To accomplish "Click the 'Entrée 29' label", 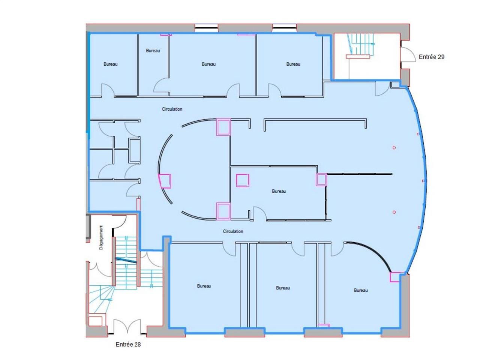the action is tap(431, 57).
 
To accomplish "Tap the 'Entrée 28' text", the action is tap(128, 344).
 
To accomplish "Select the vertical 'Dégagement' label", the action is tap(101, 237).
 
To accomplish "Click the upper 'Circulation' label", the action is tap(172, 109).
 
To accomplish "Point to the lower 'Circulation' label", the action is tap(232, 231).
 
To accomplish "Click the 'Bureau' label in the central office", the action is tap(279, 191).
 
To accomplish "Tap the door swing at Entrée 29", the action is tap(408, 55).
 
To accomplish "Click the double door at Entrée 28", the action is tap(127, 326).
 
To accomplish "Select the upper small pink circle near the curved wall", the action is tap(394, 148).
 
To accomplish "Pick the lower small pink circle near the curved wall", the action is tap(394, 212).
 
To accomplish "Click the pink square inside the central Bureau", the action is tap(242, 180).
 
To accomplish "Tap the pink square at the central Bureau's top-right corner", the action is tap(321, 180).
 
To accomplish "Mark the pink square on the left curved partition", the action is tap(165, 181).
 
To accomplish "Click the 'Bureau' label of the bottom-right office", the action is tap(361, 290).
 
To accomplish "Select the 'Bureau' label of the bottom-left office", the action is tap(204, 286).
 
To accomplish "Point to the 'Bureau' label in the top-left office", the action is tap(110, 64).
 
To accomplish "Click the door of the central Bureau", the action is tap(260, 213).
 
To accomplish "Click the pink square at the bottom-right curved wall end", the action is tap(395, 277).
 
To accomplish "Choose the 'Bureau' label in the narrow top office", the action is tap(153, 51).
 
